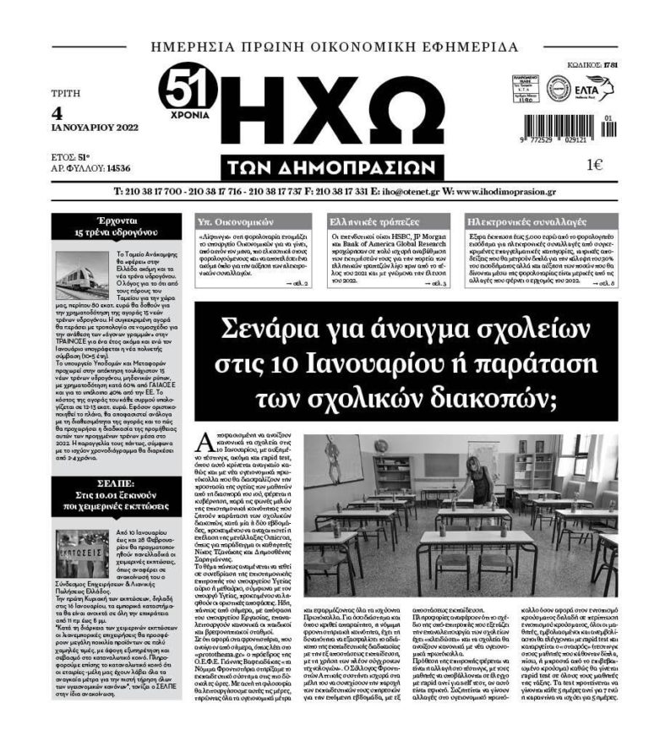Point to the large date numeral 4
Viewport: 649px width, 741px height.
point(57,112)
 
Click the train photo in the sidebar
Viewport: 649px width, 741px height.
point(80,276)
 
